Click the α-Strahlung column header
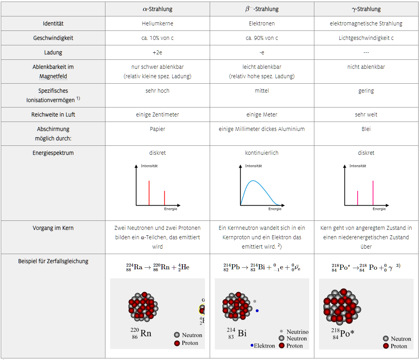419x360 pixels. pyautogui.click(x=157, y=9)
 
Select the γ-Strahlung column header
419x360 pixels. pyautogui.click(x=366, y=9)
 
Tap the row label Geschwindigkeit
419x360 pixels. pyautogui.click(x=53, y=38)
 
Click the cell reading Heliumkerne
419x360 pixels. pyautogui.click(x=157, y=23)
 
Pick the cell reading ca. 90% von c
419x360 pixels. pyautogui.click(x=262, y=38)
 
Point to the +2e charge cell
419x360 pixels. pyautogui.click(x=157, y=52)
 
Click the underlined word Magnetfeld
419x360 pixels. pyautogui.click(x=53, y=76)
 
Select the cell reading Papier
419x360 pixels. pyautogui.click(x=157, y=129)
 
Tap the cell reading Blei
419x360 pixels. pyautogui.click(x=366, y=129)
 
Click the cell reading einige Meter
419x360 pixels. pyautogui.click(x=262, y=115)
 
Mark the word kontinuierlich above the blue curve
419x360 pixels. pyautogui.click(x=262, y=153)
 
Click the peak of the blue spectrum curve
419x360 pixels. pyautogui.click(x=254, y=181)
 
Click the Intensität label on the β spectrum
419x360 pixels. pyautogui.click(x=253, y=166)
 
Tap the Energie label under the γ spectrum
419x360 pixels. pyautogui.click(x=379, y=209)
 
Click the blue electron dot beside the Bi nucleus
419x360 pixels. pyautogui.click(x=257, y=310)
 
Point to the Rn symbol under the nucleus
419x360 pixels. pyautogui.click(x=146, y=333)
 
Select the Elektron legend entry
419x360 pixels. pyautogui.click(x=264, y=346)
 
